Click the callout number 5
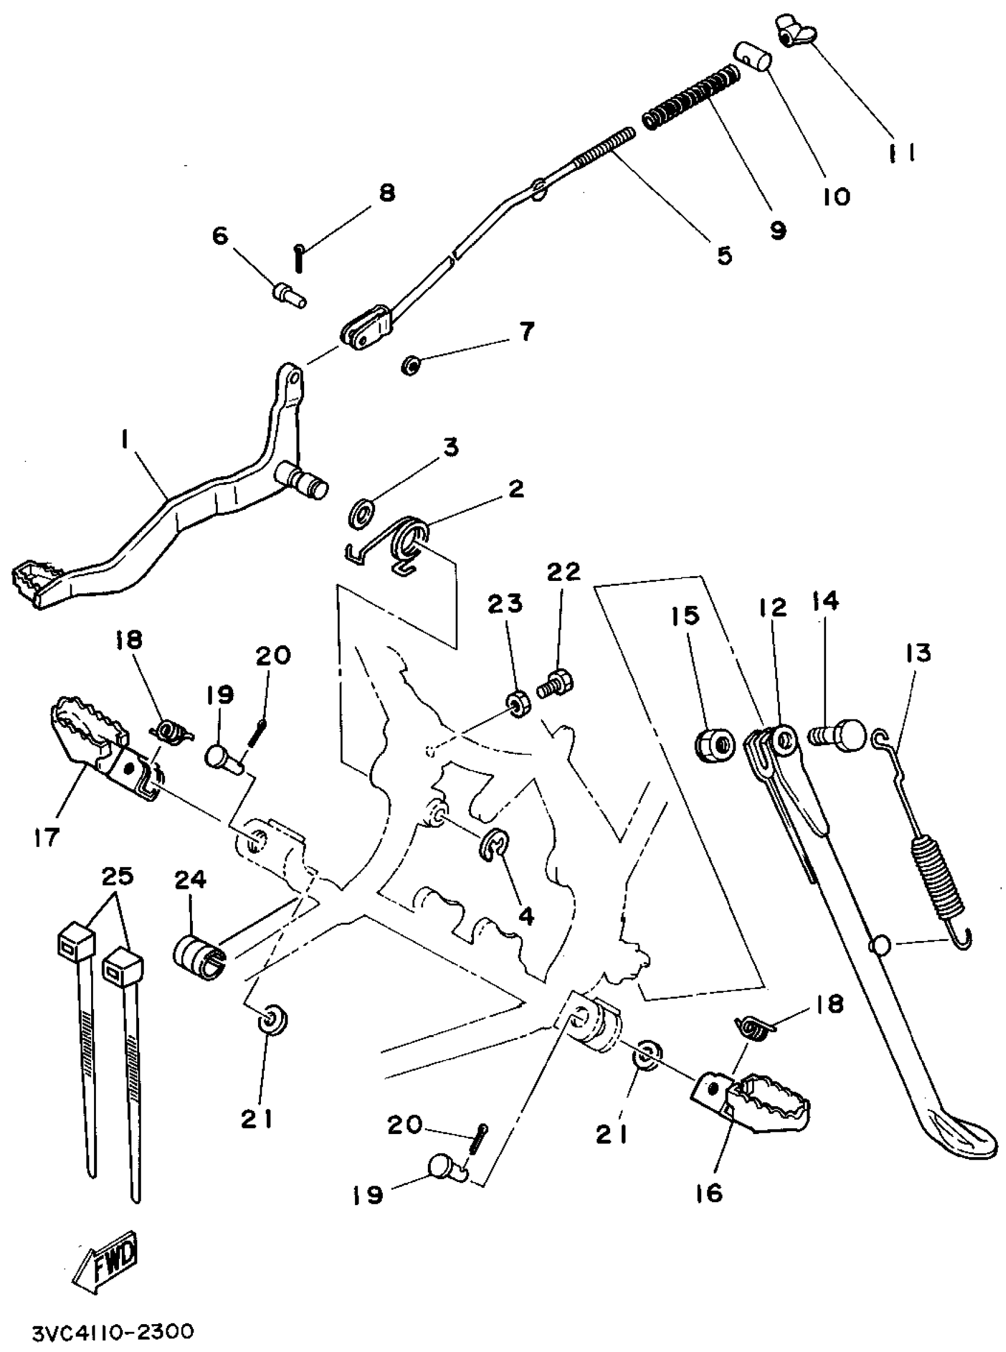click(724, 256)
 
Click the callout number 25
click(117, 878)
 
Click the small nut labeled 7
click(411, 365)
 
